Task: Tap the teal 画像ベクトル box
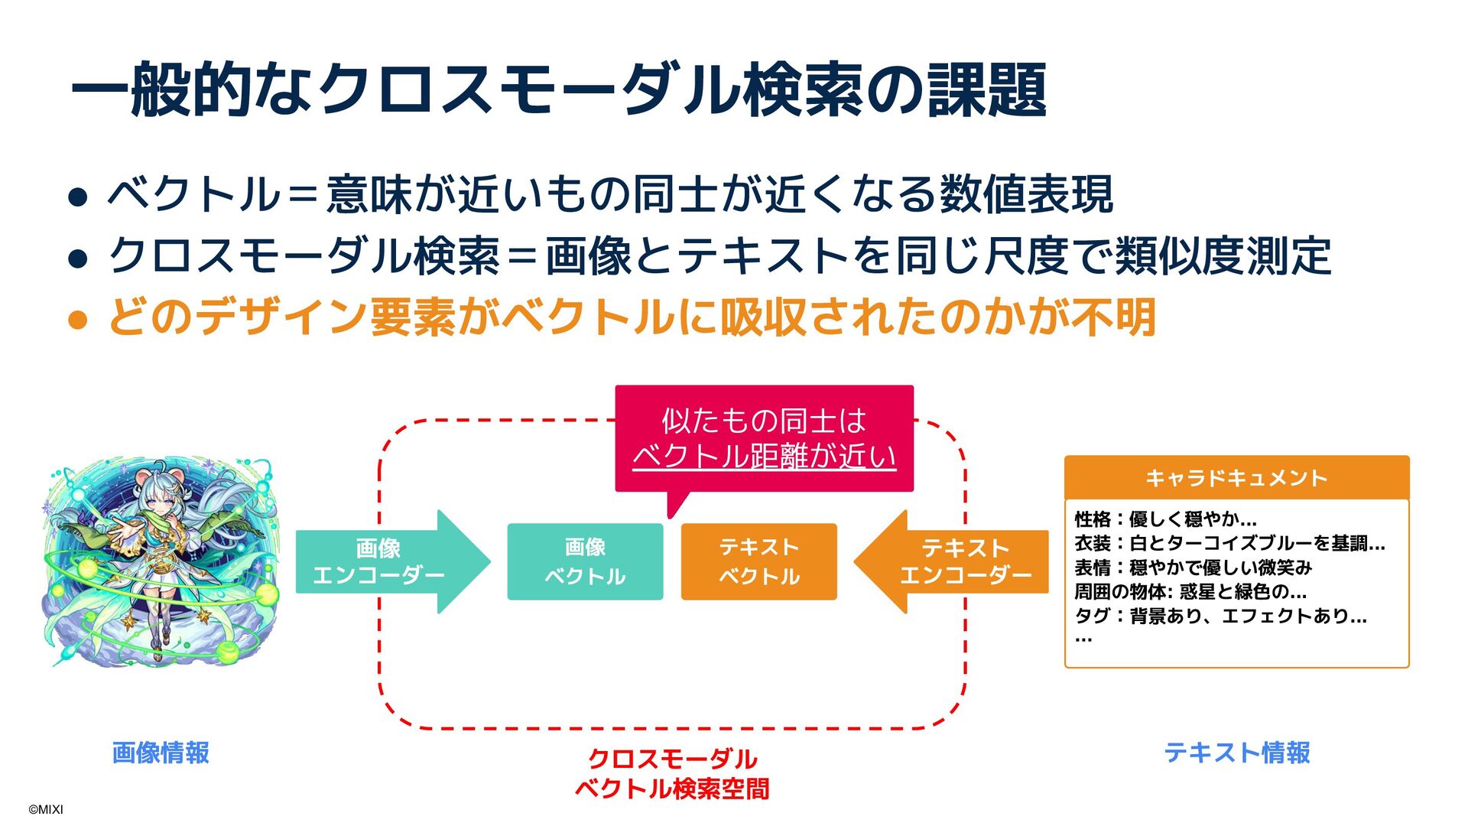point(585,561)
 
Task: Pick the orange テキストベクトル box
point(758,561)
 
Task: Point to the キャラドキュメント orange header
point(1236,478)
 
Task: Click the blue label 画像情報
point(161,753)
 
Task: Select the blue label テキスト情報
point(1236,753)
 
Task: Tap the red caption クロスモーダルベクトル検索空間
point(672,773)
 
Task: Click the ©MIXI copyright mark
point(46,809)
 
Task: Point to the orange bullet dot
point(78,319)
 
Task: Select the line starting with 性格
point(1165,519)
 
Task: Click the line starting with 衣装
point(1229,543)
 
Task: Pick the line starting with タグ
point(1220,616)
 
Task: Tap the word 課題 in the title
point(986,90)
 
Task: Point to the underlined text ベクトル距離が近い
point(764,457)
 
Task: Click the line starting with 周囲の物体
point(1190,591)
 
